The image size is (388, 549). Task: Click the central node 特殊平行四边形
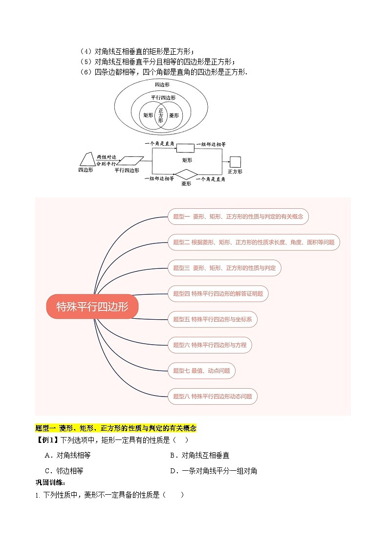click(x=92, y=307)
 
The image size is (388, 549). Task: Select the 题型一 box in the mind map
click(x=238, y=216)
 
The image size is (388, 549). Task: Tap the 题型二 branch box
click(x=254, y=242)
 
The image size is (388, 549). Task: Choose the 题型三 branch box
click(x=224, y=268)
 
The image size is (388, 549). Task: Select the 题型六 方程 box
click(x=210, y=345)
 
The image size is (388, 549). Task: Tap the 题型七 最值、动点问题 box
click(x=201, y=371)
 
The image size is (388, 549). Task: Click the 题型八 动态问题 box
click(x=213, y=396)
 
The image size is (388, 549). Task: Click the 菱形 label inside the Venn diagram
click(x=173, y=116)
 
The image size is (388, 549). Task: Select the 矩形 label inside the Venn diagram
click(x=148, y=116)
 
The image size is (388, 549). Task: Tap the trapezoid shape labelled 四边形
click(x=86, y=159)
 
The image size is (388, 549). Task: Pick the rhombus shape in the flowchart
click(x=186, y=175)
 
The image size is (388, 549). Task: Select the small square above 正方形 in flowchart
click(x=235, y=162)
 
